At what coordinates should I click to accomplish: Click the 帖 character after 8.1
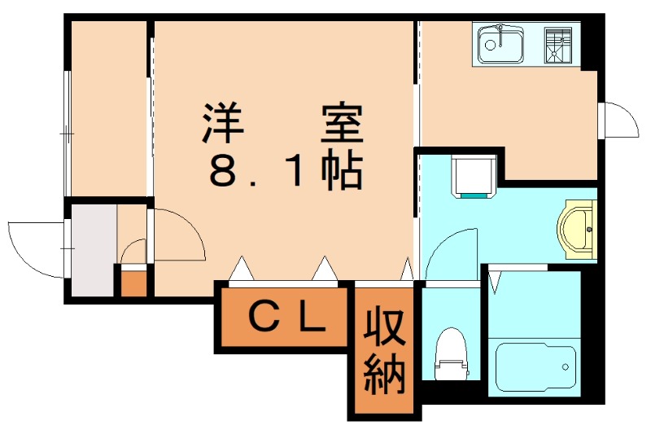pos(341,171)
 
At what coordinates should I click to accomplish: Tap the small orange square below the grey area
pos(133,282)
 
